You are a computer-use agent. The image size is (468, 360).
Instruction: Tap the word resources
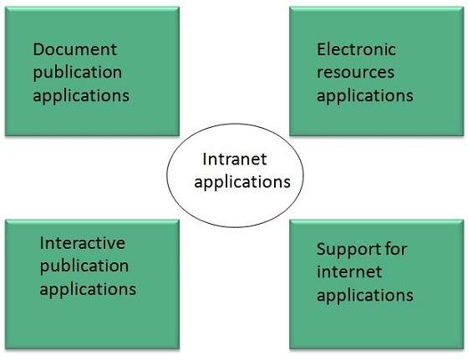coord(353,72)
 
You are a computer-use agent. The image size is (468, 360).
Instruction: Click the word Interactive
coord(82,243)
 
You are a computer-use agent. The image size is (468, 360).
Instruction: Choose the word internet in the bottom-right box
coord(349,271)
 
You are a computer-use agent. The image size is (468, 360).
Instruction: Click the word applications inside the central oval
coord(242,180)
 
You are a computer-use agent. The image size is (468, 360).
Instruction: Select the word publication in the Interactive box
coord(84,266)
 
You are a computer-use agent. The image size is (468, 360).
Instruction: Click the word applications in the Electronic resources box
coord(365,95)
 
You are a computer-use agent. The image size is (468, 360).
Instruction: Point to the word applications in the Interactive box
coord(88,290)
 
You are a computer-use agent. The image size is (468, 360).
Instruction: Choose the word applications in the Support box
coord(365,295)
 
